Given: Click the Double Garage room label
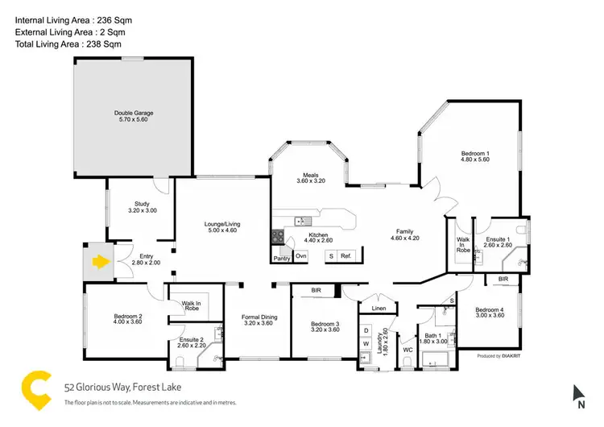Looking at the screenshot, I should pos(133,113).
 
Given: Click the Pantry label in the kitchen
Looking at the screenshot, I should pos(282,259).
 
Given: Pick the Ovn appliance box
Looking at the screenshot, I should pos(301,255).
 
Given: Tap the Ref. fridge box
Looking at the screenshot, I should pos(345,255).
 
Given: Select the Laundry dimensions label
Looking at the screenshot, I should pos(385,340).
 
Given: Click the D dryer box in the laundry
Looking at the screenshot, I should pos(366,330).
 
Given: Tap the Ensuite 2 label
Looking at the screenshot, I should pos(192,344).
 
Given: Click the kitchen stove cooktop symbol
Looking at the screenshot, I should pos(278,237).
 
